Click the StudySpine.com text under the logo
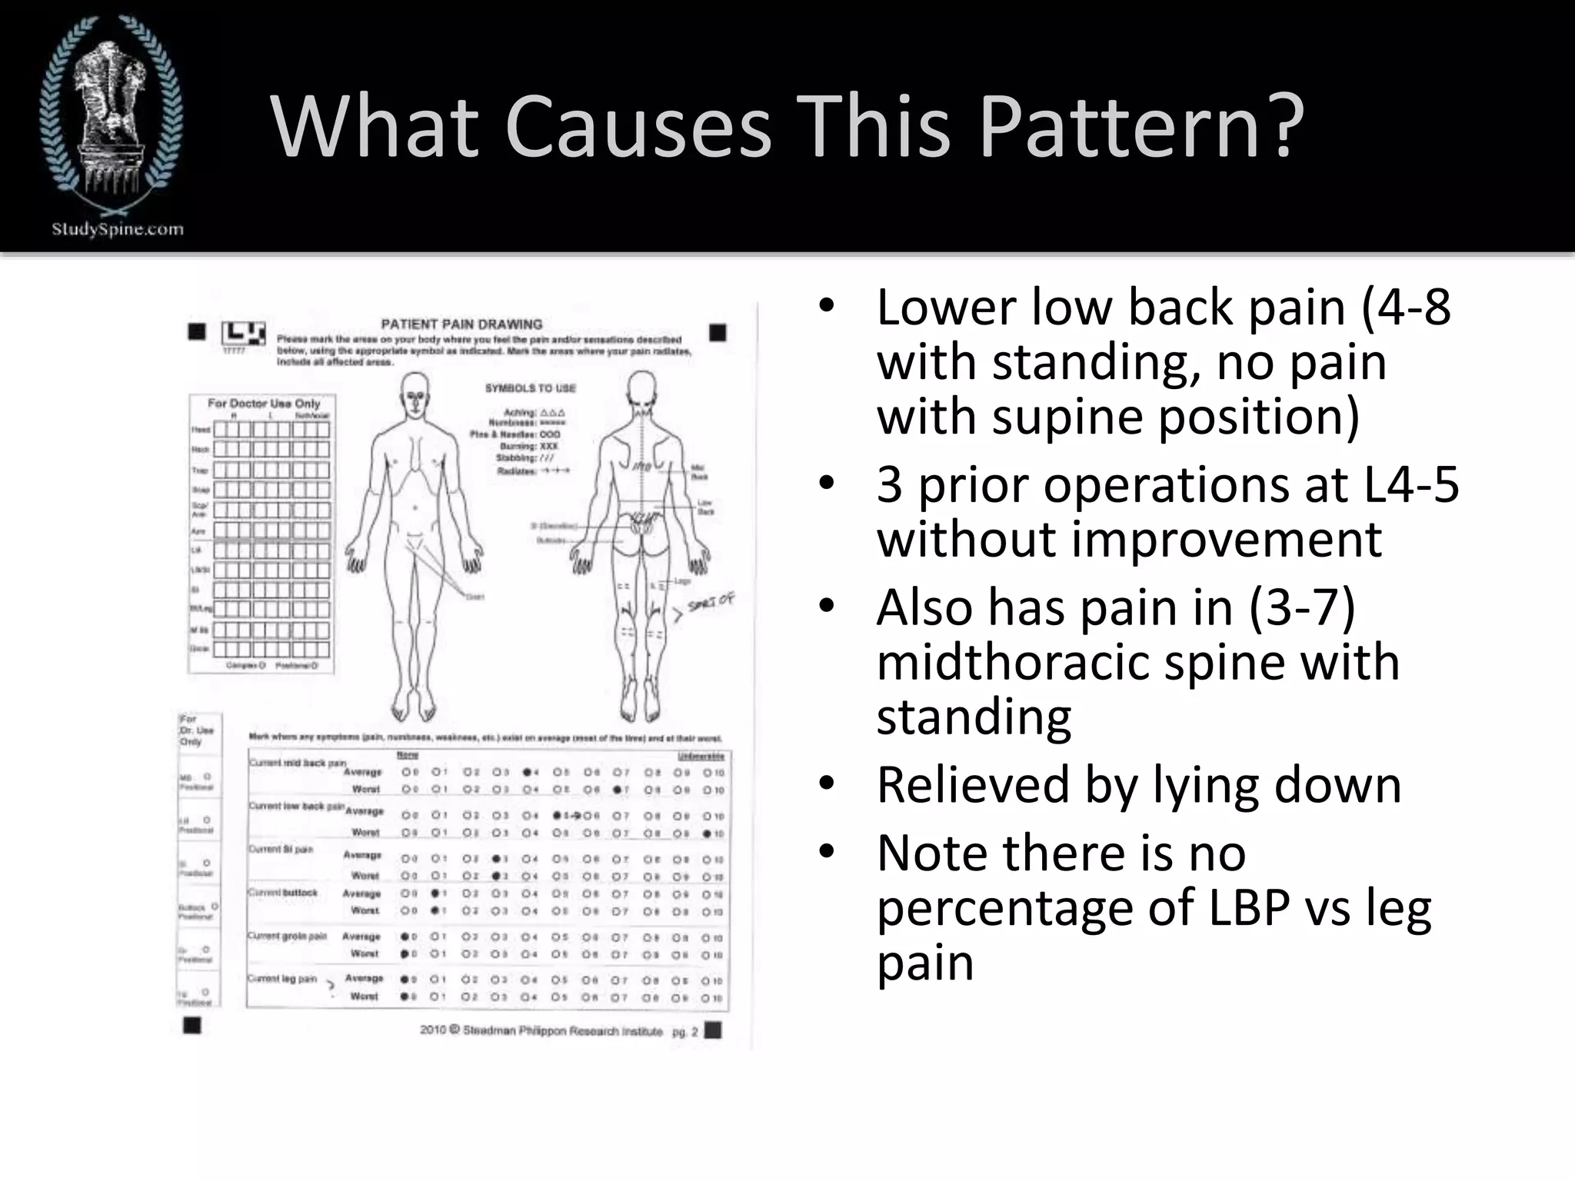[x=117, y=228]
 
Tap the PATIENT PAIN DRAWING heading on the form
[x=461, y=324]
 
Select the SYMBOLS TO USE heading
[x=530, y=388]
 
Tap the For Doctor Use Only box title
[x=263, y=403]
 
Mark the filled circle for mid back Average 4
[x=528, y=772]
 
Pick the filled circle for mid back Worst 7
[x=618, y=790]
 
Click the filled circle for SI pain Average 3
[x=497, y=859]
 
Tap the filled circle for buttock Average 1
[x=435, y=893]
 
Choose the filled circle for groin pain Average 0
[x=405, y=936]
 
